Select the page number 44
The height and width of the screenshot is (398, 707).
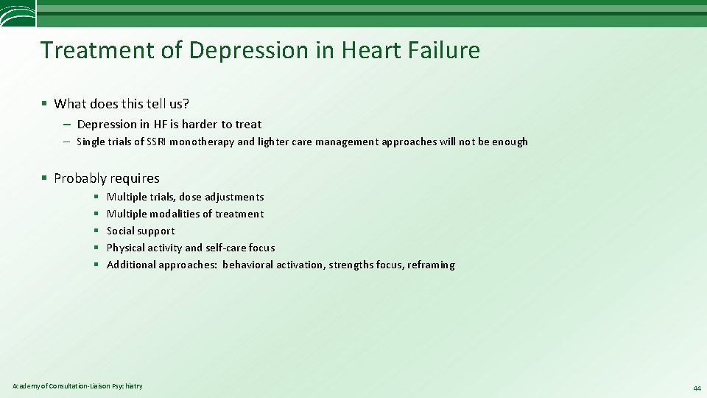coord(696,388)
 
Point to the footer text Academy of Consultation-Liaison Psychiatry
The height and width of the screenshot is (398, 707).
coord(78,386)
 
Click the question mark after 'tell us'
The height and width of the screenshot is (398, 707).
coord(186,103)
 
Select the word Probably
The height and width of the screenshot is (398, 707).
coord(79,178)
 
